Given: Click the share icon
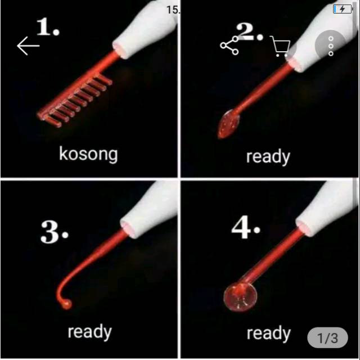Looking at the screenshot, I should [229, 46].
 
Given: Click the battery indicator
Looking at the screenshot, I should [341, 9].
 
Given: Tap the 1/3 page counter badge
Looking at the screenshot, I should [328, 338].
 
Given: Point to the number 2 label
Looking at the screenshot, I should [249, 32].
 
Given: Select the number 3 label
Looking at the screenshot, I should [54, 231].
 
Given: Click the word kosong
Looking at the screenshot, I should [88, 154].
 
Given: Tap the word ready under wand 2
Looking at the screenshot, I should [267, 157].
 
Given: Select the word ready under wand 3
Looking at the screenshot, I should [89, 332].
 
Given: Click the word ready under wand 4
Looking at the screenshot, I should [268, 333].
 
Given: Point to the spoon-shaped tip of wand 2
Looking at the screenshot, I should [228, 123].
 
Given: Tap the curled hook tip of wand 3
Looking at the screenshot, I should [65, 301].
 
